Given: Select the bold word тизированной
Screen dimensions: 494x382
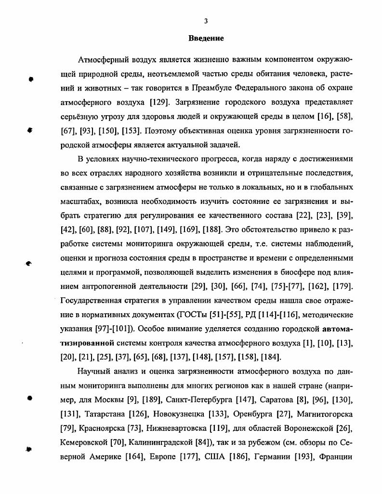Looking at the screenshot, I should point(87,343).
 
